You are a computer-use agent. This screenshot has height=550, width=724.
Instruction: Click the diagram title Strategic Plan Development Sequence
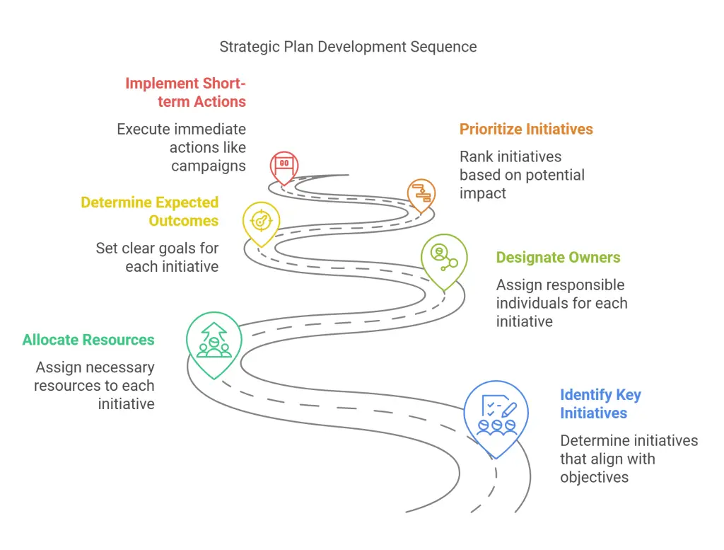click(348, 47)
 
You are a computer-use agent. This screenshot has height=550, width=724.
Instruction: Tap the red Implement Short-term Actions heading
click(186, 93)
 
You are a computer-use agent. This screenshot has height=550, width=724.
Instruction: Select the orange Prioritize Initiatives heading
click(526, 129)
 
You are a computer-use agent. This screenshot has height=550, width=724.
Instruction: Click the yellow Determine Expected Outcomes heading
click(150, 212)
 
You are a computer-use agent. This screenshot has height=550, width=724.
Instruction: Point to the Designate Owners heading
click(559, 258)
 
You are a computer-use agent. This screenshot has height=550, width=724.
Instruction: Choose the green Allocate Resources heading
click(88, 340)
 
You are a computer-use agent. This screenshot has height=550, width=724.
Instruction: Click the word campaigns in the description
click(209, 166)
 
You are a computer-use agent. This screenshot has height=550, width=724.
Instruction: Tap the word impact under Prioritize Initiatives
click(482, 193)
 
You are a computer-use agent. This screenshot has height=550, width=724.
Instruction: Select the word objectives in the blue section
click(594, 477)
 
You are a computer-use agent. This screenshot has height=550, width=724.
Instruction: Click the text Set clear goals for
click(157, 248)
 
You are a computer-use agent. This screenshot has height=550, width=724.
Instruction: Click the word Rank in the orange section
click(476, 156)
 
